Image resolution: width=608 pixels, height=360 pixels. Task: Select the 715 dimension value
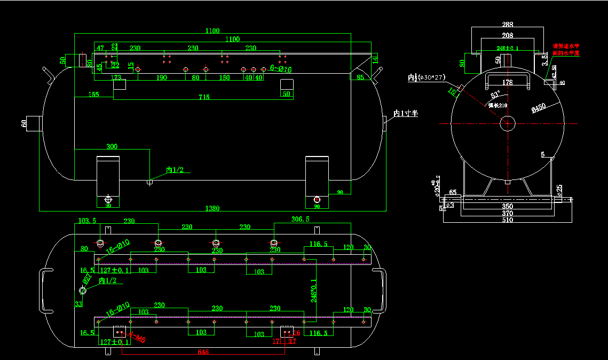[x=204, y=97]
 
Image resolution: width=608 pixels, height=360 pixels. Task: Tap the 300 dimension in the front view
[x=112, y=146]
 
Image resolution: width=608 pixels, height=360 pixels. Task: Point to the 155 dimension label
[x=93, y=95]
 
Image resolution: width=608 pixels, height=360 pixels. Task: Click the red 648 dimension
[x=203, y=353]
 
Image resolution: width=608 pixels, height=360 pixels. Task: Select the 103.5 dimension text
[x=87, y=221]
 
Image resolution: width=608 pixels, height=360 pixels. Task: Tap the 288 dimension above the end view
[x=508, y=25]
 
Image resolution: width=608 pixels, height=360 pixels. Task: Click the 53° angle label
[x=496, y=95]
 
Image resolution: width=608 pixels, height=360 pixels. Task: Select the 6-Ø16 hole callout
[x=281, y=69]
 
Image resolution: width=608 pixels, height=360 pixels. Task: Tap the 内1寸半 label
[x=405, y=113]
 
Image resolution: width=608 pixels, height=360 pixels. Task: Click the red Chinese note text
[x=566, y=50]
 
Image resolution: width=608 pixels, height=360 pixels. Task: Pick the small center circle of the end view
[x=507, y=123]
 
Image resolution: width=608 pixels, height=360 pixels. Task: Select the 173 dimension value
[x=116, y=78]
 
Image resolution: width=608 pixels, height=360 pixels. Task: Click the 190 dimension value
[x=162, y=78]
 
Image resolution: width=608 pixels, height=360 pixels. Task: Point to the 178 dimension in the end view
[x=507, y=83]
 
